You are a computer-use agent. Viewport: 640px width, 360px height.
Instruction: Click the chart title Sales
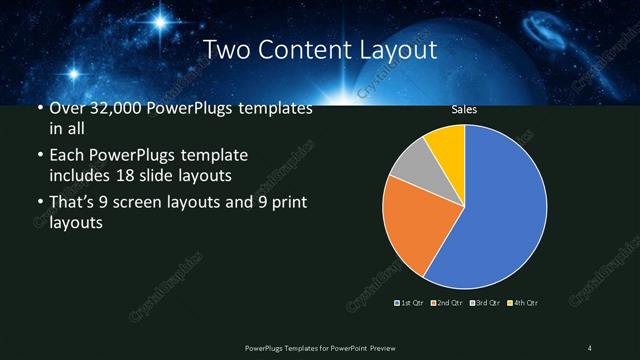464,109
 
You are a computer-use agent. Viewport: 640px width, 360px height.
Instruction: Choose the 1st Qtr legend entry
411,302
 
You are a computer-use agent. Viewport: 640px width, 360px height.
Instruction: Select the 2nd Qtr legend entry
447,302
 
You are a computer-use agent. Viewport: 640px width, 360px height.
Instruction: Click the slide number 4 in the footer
589,347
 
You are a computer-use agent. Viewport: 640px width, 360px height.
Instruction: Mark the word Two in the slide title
224,49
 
